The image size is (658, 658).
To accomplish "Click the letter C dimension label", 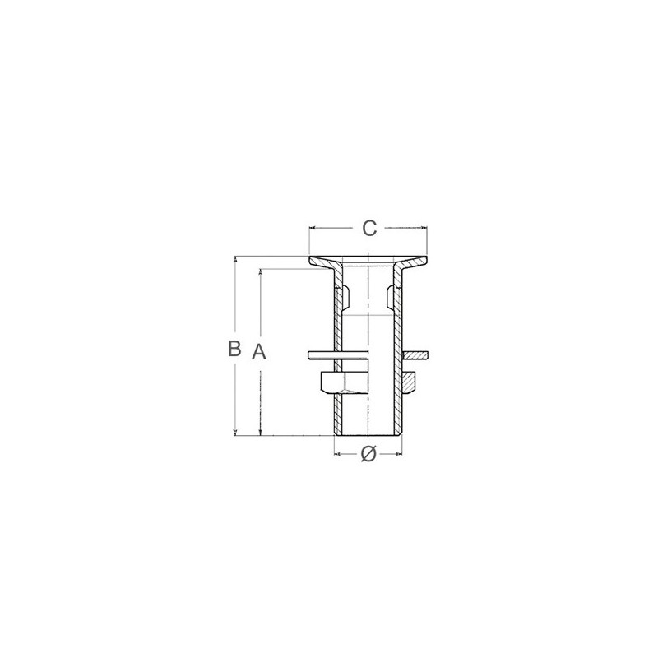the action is [369, 229].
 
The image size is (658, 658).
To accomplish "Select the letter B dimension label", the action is [234, 348].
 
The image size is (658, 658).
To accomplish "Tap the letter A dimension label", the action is [259, 351].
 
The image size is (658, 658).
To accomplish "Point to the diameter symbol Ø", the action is [368, 454].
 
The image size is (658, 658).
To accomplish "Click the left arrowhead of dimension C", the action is [312, 229].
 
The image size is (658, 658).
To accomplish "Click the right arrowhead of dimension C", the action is [424, 229].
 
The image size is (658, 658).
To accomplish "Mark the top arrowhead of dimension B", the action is [235, 258].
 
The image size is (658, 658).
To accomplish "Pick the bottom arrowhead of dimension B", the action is [235, 433].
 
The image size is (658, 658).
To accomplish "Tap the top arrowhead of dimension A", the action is [261, 271].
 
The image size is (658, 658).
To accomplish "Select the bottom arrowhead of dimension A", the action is [261, 433].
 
